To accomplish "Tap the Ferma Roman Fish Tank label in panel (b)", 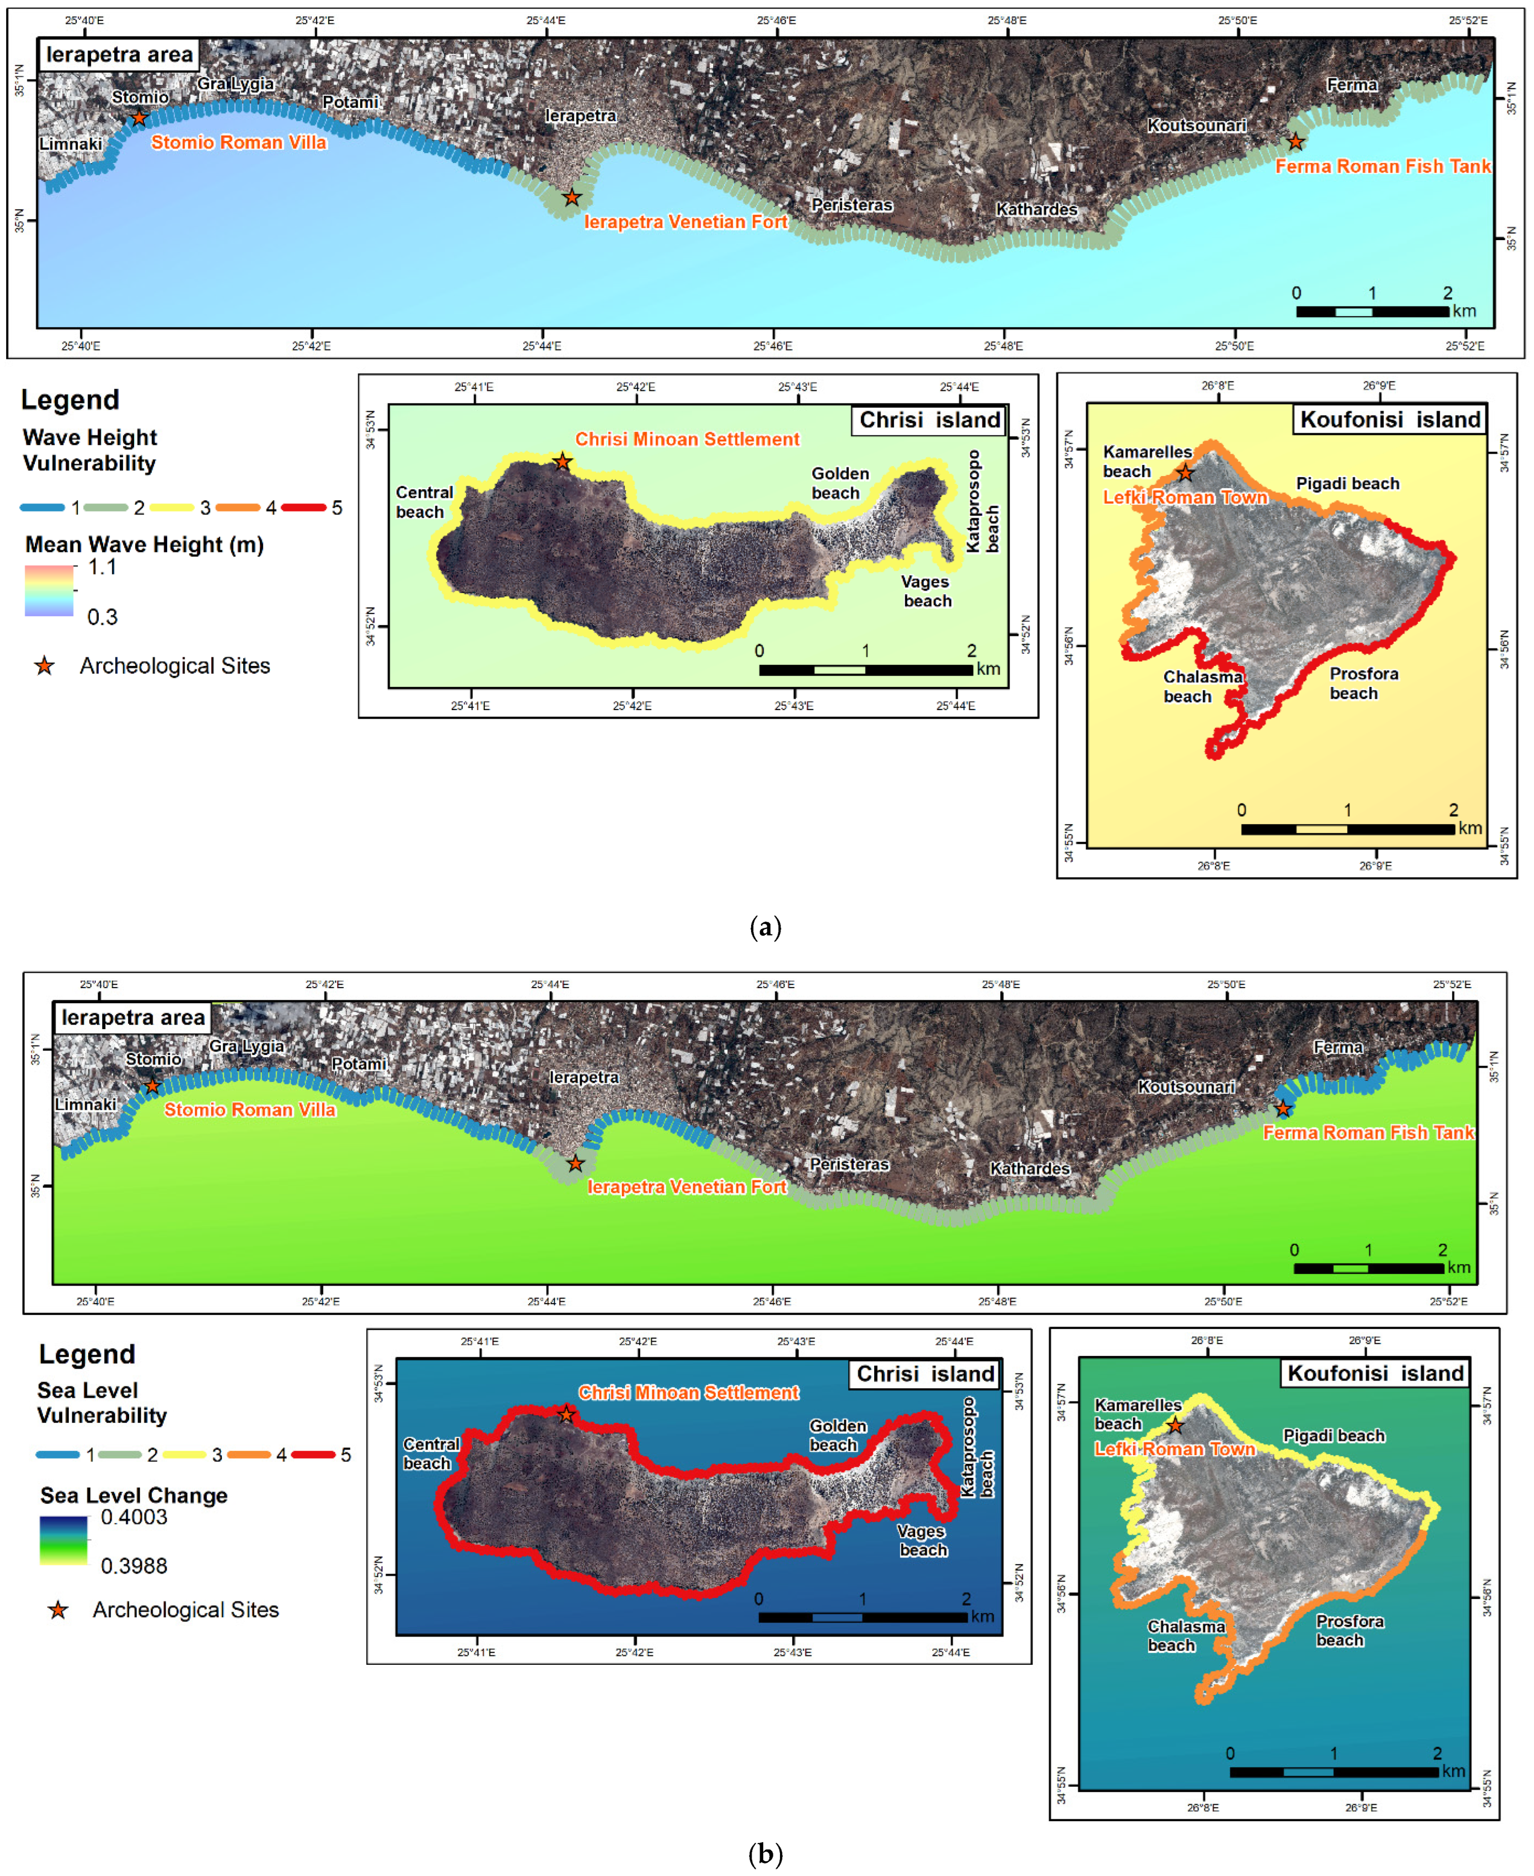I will point(1368,1132).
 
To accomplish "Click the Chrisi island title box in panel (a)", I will point(930,420).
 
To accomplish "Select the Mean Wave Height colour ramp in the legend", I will point(50,590).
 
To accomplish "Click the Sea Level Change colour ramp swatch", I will point(64,1540).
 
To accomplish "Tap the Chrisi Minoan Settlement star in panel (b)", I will point(566,1415).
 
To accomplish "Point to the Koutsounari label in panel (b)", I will point(1186,1086).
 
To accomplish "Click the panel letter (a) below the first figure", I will point(765,927).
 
